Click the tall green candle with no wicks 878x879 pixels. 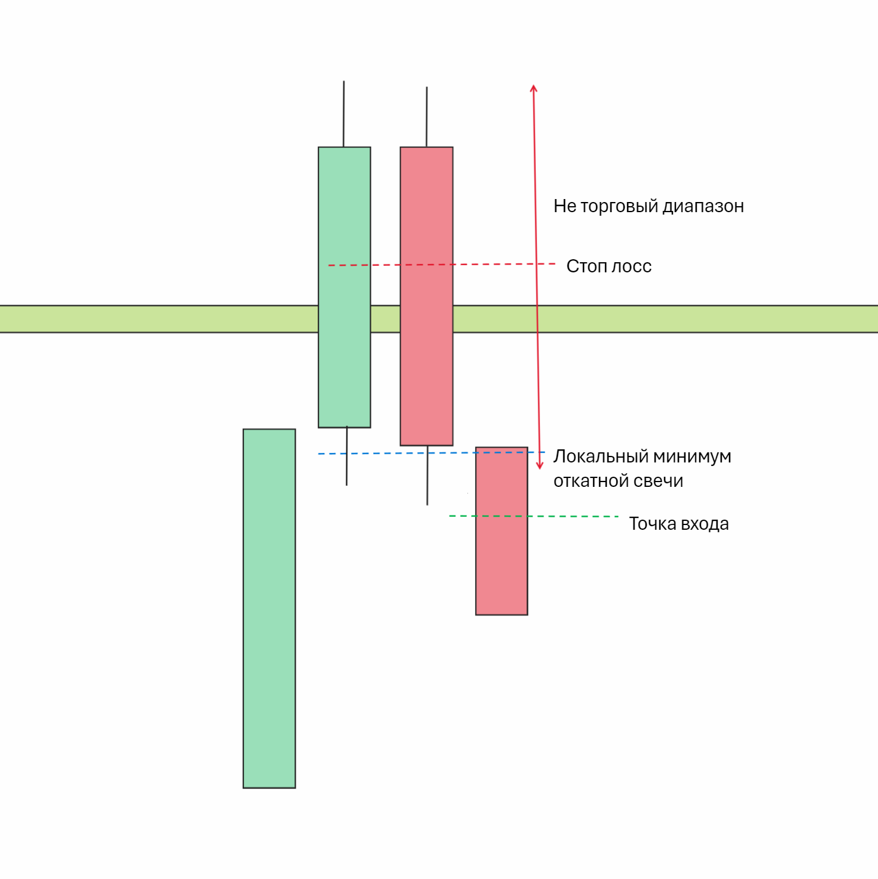269,608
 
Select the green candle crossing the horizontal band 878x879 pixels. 345,286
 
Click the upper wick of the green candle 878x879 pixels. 344,113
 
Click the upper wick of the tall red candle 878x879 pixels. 427,116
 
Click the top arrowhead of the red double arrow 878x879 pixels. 533,88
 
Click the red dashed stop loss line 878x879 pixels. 477,264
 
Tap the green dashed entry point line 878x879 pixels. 566,516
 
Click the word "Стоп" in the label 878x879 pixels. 585,266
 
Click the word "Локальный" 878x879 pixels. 601,456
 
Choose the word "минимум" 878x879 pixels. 692,456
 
